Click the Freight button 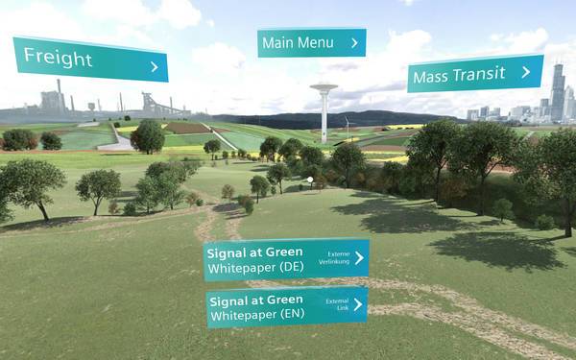pyautogui.click(x=89, y=60)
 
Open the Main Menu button pyautogui.click(x=311, y=42)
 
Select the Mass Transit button pyautogui.click(x=475, y=74)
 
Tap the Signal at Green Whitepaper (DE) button pyautogui.click(x=286, y=259)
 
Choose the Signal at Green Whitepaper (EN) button pyautogui.click(x=286, y=306)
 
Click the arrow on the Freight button pyautogui.click(x=155, y=67)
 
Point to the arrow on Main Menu pyautogui.click(x=354, y=42)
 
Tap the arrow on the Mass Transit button pyautogui.click(x=525, y=71)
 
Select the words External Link pyautogui.click(x=337, y=303)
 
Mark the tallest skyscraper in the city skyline pyautogui.click(x=557, y=91)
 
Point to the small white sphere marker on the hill pyautogui.click(x=310, y=179)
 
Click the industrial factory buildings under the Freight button pyautogui.click(x=58, y=106)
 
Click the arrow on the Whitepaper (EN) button pyautogui.click(x=357, y=304)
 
